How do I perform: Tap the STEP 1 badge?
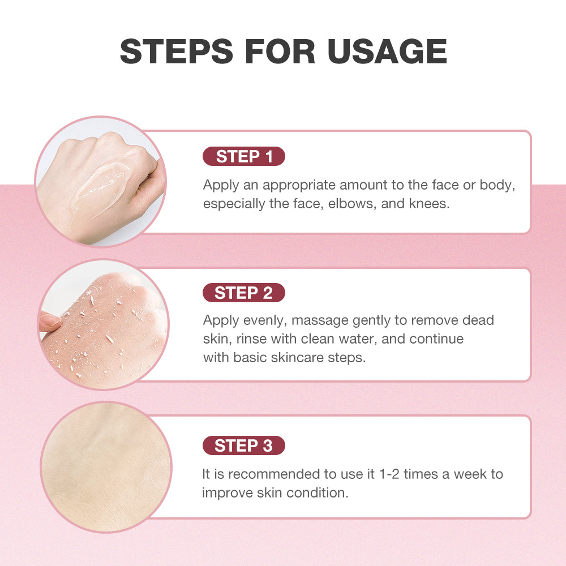pos(244,157)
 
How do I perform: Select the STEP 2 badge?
pos(244,293)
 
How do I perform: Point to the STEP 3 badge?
pos(244,445)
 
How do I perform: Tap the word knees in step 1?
pos(429,204)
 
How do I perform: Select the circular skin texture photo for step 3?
pos(105,467)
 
